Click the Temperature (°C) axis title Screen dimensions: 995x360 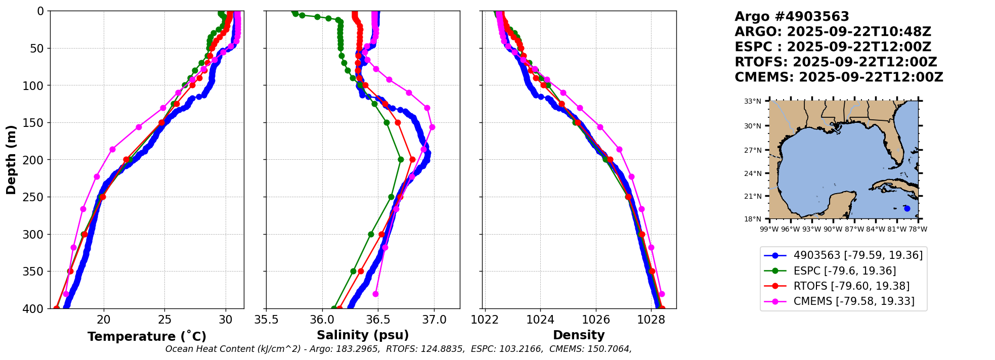(147, 336)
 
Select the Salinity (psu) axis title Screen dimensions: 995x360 (363, 335)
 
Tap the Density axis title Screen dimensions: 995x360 (579, 335)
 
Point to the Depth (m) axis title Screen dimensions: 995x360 (11, 160)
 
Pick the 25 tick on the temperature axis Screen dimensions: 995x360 (165, 320)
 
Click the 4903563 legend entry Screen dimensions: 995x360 (843, 255)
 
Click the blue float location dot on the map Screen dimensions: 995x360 (907, 208)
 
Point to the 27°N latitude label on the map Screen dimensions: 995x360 (752, 150)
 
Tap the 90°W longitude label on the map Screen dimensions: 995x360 (833, 229)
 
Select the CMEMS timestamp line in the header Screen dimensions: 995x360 (839, 77)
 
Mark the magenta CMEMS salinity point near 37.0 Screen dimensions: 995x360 (432, 127)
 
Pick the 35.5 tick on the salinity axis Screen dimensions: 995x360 (267, 320)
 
